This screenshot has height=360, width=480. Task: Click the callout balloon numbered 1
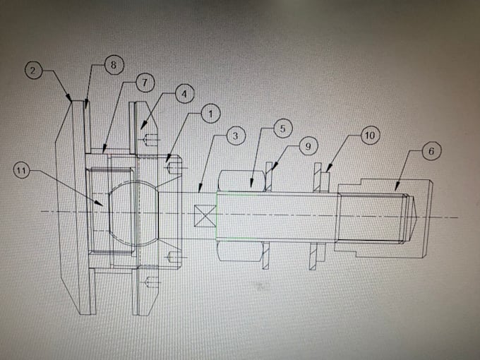(x=210, y=114)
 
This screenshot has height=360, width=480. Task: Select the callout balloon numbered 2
(x=33, y=70)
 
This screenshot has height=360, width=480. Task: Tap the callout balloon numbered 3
(x=235, y=136)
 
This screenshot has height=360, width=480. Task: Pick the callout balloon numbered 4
(x=185, y=94)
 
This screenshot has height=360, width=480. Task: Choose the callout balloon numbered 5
(x=282, y=128)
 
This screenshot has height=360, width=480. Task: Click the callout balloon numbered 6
(x=431, y=150)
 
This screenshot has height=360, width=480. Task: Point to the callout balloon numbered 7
(x=145, y=83)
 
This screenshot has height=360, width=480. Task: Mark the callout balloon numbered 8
(x=114, y=65)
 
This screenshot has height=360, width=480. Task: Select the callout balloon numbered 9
(x=308, y=146)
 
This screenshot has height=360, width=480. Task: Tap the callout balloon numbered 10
(x=370, y=135)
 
